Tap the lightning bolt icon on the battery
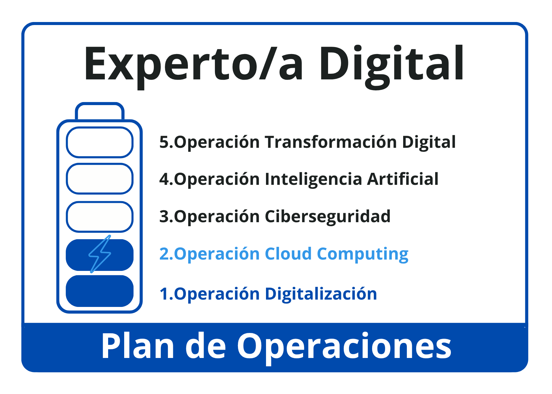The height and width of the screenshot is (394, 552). (100, 254)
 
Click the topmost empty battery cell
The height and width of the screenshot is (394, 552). (99, 142)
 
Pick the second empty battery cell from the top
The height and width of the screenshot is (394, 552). (99, 179)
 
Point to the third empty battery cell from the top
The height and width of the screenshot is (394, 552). (99, 217)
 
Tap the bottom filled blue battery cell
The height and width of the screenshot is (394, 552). (99, 291)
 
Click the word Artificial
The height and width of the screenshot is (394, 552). (403, 179)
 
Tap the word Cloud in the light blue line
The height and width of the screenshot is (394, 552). (288, 254)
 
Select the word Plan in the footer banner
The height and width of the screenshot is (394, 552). (138, 346)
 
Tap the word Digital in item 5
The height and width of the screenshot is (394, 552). (429, 143)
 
